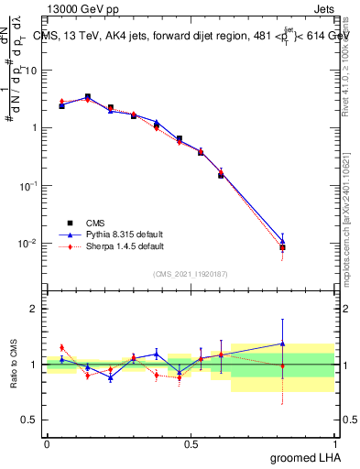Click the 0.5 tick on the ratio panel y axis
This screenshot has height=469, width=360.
pyautogui.click(x=32, y=420)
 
